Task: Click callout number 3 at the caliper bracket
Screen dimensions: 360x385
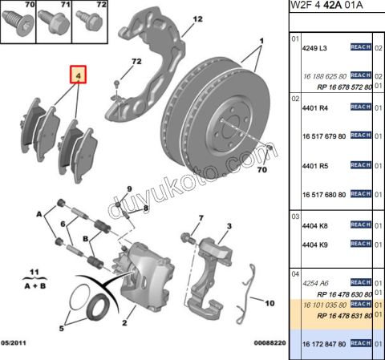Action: [x=229, y=227]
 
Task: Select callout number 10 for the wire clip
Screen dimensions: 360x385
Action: [x=269, y=304]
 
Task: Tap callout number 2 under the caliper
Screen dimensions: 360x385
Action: [x=124, y=325]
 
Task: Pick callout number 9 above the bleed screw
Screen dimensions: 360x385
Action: [x=128, y=188]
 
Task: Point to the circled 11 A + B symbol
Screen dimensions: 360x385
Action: [x=33, y=277]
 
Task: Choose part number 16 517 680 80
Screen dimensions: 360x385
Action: [x=324, y=194]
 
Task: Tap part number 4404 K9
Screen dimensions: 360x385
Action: [x=315, y=244]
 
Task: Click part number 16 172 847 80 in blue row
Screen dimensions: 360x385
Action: [x=324, y=343]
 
